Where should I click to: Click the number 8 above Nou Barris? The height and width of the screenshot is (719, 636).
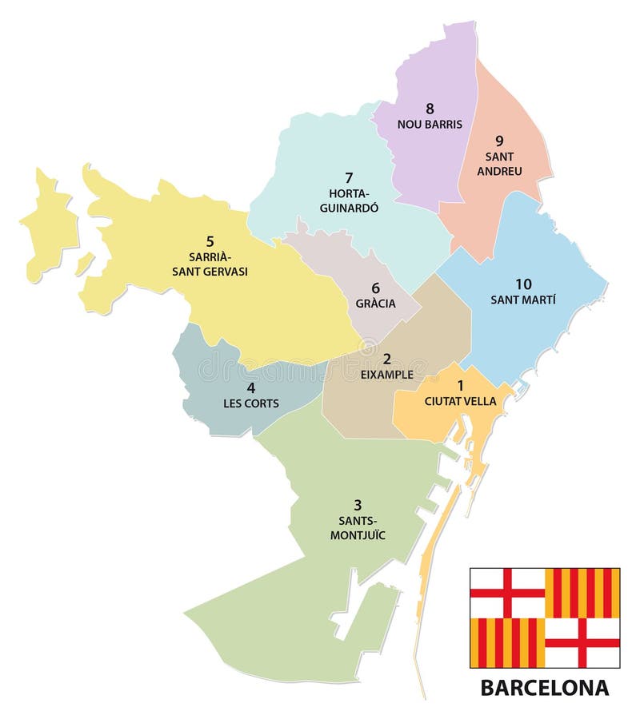430,109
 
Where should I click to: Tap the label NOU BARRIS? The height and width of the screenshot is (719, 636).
430,125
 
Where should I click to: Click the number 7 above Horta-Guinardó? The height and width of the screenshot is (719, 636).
348,177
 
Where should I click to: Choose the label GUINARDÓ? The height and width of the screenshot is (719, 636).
348,208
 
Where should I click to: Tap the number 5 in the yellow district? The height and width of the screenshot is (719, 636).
210,240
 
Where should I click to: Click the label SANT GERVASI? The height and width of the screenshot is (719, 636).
210,272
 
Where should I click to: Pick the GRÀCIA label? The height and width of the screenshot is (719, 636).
375,304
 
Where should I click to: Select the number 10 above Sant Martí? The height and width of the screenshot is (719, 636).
522,284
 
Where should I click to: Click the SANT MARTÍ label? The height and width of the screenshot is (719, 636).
522,300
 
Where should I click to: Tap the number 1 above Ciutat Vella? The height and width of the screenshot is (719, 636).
460,385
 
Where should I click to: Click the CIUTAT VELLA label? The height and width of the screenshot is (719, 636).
460,401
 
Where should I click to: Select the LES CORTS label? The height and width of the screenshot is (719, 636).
250,403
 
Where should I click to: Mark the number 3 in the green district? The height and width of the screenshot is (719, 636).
358,505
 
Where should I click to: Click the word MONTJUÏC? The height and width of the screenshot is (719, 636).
358,535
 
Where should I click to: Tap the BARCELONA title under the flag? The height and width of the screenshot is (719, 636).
544,687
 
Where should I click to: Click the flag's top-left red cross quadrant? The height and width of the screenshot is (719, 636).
506,593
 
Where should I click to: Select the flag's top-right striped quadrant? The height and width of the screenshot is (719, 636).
582,593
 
